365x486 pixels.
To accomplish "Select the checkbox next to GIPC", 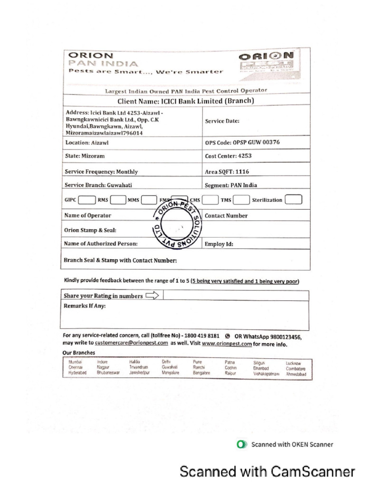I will (86, 200).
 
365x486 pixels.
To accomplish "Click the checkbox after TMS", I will (241, 200).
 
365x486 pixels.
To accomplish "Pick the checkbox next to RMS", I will (117, 200).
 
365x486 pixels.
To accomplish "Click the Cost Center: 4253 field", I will (228, 156).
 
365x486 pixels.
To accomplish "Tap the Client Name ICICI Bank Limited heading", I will (186, 101).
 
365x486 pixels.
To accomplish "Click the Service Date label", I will (222, 121).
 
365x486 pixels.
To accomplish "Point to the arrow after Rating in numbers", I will (152, 296).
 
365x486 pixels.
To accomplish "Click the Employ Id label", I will (219, 244).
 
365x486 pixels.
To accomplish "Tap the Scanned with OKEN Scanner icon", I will (242, 444).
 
